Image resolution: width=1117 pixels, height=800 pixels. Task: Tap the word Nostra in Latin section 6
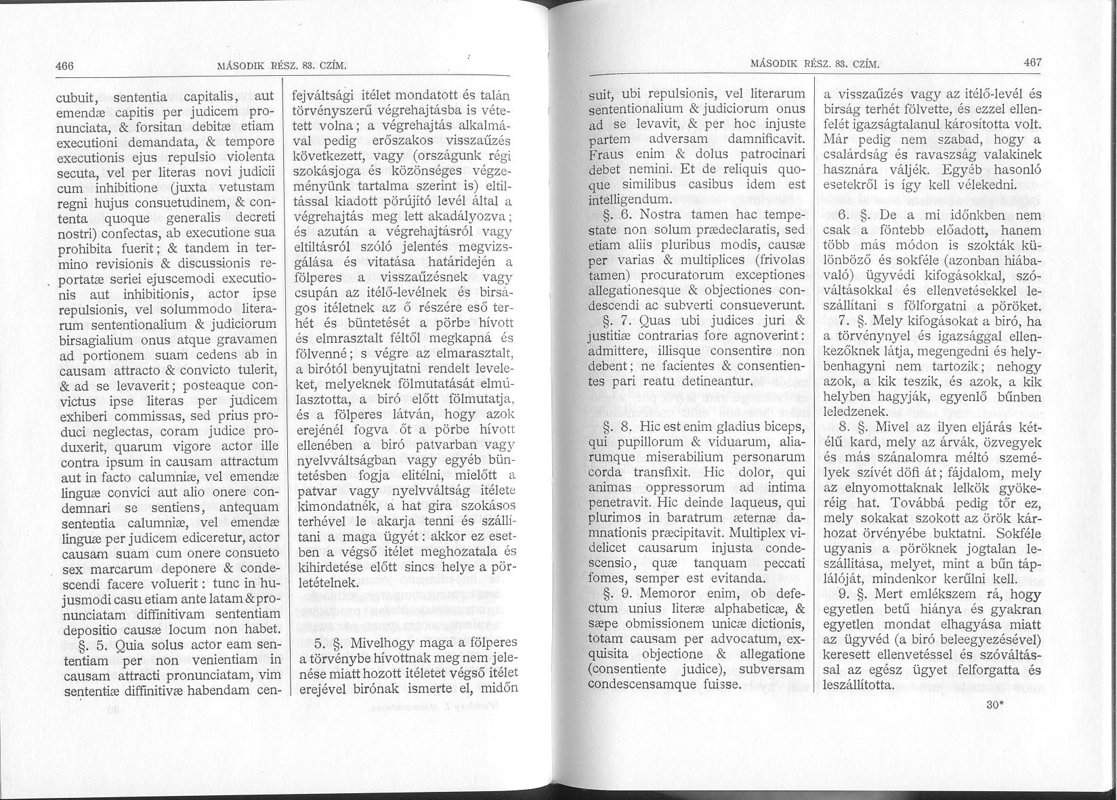pos(673,215)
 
